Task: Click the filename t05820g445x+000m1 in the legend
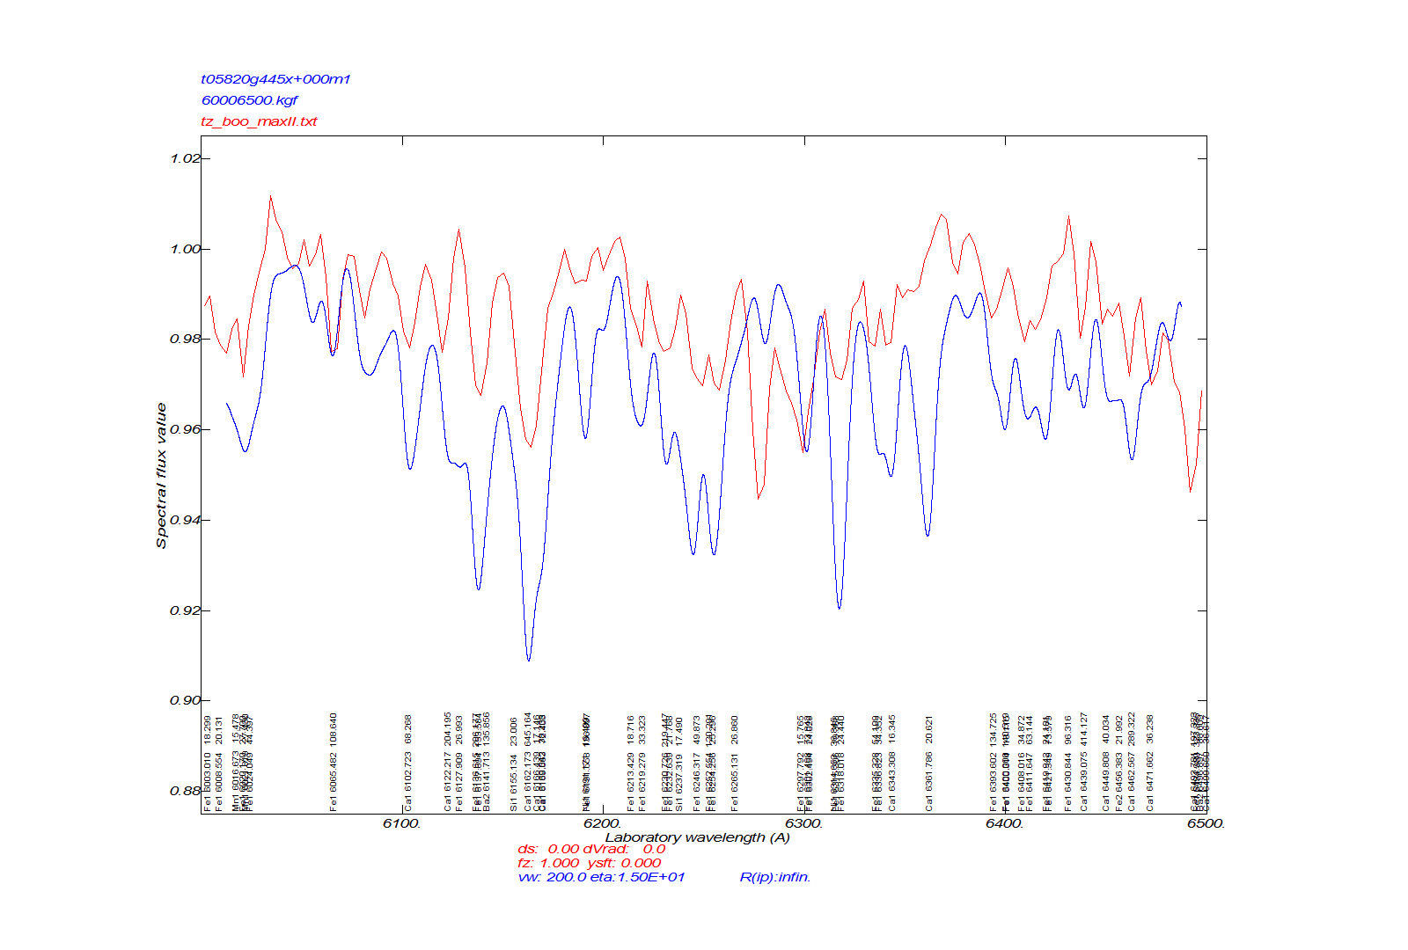[275, 79]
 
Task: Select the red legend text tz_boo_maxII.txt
[259, 121]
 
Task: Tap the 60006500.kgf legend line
[249, 100]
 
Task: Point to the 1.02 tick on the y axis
[185, 158]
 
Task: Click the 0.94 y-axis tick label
[185, 520]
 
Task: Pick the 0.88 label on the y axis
[185, 791]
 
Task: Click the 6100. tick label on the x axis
[402, 823]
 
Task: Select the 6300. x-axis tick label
[803, 823]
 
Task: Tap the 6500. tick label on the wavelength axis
[1206, 823]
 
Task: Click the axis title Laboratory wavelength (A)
[697, 837]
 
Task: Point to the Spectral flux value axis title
[161, 475]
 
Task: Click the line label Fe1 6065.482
[334, 782]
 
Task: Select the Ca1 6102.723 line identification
[408, 782]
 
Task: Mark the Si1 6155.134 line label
[514, 782]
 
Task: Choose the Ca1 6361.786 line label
[928, 782]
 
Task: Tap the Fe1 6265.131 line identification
[735, 782]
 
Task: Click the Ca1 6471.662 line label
[1149, 782]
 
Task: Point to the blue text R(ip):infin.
[774, 877]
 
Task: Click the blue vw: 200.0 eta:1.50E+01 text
[601, 877]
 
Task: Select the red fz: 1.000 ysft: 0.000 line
[589, 863]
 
